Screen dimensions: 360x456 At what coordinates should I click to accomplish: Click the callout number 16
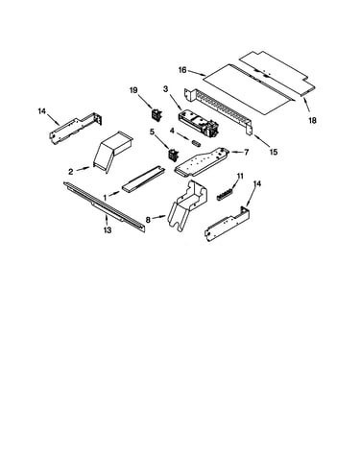coord(182,70)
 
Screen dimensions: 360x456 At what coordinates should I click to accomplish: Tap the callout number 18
coord(312,120)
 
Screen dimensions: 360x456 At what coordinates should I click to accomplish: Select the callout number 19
coord(133,90)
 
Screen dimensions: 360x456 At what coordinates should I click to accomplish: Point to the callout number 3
coord(165,89)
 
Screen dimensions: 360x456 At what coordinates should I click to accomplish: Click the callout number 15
coord(274,152)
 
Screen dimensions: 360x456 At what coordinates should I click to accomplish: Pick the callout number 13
coord(108,229)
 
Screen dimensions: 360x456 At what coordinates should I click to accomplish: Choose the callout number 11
coord(240,176)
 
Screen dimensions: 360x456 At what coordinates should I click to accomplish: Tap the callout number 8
coord(148,220)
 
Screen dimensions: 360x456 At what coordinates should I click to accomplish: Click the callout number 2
coord(71,172)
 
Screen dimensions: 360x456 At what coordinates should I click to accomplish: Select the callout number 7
coord(246,153)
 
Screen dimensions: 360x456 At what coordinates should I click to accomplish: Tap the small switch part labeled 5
coord(173,155)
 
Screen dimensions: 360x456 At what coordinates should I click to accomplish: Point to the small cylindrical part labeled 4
coord(196,143)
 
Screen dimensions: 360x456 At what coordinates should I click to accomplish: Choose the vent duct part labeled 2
coord(113,152)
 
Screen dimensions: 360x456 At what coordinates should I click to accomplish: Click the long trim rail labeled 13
coord(105,206)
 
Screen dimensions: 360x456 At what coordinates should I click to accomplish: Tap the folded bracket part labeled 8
coord(188,204)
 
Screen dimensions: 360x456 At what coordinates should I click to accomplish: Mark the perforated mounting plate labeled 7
coord(202,162)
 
